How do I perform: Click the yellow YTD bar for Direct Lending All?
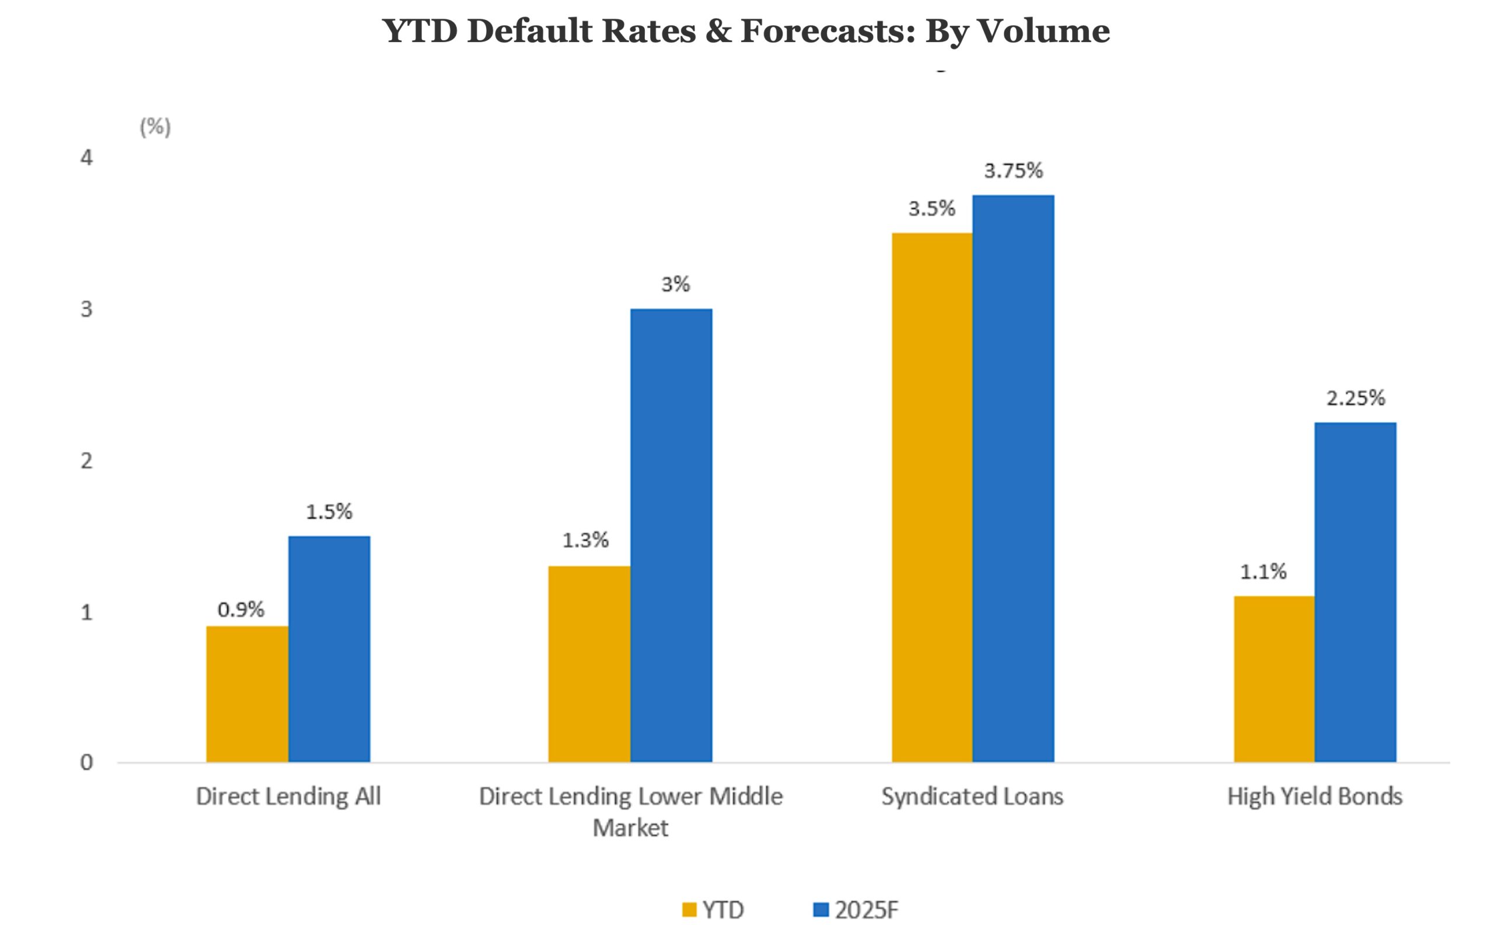pos(247,694)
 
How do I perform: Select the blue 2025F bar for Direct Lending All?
pos(329,649)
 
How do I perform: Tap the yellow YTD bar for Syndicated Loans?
pos(931,497)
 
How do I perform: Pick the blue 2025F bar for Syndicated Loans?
pos(1013,478)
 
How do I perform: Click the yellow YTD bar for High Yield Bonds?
pos(1274,678)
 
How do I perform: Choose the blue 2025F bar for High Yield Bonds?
pos(1355,592)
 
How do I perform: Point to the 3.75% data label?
pos(1013,170)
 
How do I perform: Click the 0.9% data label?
pos(240,610)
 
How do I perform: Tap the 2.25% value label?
pos(1355,398)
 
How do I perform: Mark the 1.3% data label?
pos(585,541)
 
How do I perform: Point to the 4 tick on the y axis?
pos(86,158)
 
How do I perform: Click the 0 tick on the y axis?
pos(86,762)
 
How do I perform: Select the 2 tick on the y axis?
pos(86,461)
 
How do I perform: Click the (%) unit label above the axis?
pos(155,127)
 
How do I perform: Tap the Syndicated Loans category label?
pos(972,796)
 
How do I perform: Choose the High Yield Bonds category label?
pos(1314,796)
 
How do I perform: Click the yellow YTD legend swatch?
pos(689,910)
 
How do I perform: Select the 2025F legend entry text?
pos(866,910)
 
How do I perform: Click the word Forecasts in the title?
pos(828,31)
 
